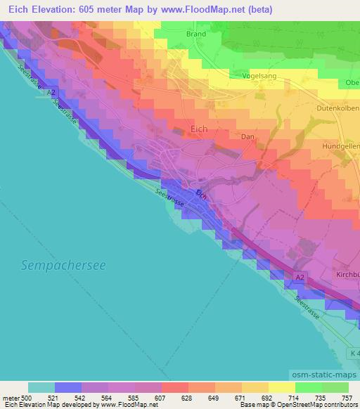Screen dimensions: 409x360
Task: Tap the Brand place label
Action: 196,34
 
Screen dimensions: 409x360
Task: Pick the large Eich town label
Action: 200,129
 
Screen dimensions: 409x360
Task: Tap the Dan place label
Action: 247,137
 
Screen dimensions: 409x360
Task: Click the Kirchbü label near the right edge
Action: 347,274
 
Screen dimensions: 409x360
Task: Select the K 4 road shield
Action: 353,353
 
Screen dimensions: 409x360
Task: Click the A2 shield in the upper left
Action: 50,92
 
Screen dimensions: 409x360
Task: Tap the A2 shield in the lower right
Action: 300,278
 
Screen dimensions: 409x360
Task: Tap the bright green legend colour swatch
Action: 309,387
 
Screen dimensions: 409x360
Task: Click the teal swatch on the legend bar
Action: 41,387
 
